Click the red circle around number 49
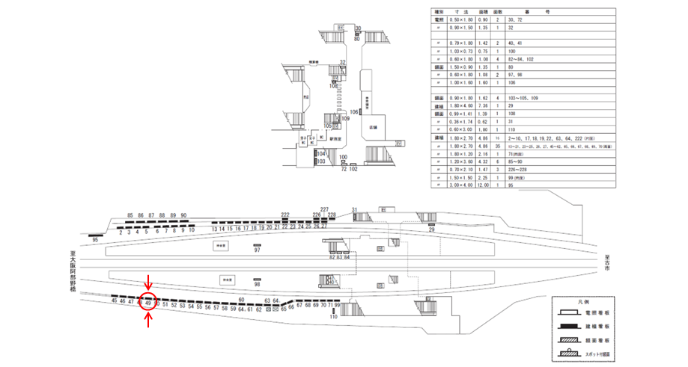tap(149, 302)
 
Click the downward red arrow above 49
tap(149, 283)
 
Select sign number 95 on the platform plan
tap(95, 239)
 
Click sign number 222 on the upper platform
tap(285, 215)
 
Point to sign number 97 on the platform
tap(257, 250)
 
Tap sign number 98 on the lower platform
tap(257, 285)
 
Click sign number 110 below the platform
tap(334, 317)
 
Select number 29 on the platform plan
tap(431, 230)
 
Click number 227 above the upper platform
tap(324, 209)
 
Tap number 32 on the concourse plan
tap(342, 62)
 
